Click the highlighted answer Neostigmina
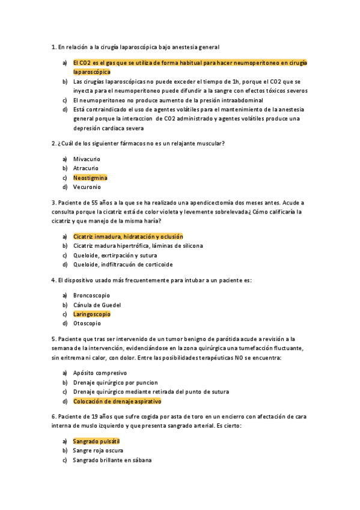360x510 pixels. tap(90, 177)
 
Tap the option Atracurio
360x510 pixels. tap(86, 168)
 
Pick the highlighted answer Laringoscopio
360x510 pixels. tap(92, 314)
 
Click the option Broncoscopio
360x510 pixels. tap(91, 295)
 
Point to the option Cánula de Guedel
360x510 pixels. tap(97, 305)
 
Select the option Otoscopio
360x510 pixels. tap(88, 323)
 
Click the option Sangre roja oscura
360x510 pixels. tap(99, 450)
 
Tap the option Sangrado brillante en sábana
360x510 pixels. tap(112, 459)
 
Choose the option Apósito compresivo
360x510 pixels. tap(100, 373)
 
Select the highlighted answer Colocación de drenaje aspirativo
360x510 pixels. tap(117, 401)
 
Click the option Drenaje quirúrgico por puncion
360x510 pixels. tap(115, 382)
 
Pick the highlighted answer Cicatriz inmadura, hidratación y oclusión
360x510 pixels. tap(128, 236)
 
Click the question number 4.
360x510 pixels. tap(54, 280)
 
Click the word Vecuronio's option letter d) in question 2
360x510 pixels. tap(64, 187)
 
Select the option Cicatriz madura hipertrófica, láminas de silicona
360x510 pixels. tap(138, 245)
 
